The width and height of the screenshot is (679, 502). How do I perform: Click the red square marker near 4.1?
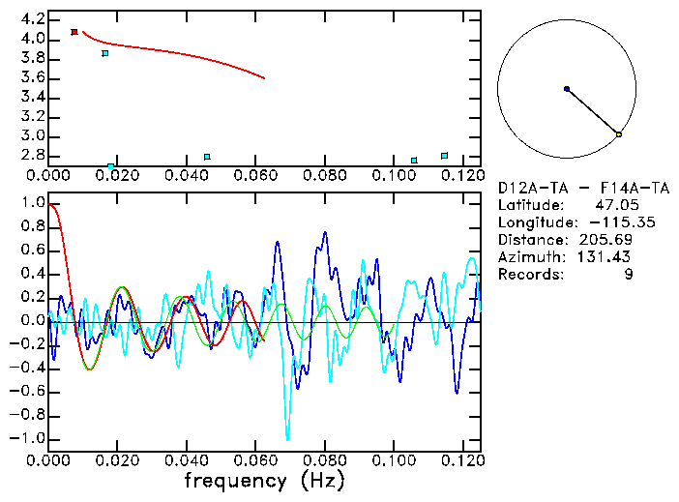pos(74,32)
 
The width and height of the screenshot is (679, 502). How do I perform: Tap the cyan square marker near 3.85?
pos(105,53)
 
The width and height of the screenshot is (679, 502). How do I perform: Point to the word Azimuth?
pos(529,256)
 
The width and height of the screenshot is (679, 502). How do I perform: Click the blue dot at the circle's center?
pos(567,89)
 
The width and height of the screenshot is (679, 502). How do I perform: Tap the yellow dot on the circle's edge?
pos(619,134)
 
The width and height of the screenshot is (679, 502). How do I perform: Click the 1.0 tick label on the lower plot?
pos(32,204)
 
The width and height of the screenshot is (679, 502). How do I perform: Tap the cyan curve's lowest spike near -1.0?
pos(286,438)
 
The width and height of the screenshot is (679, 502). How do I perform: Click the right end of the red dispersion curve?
pos(264,78)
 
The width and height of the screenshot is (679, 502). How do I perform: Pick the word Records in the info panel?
pos(529,274)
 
